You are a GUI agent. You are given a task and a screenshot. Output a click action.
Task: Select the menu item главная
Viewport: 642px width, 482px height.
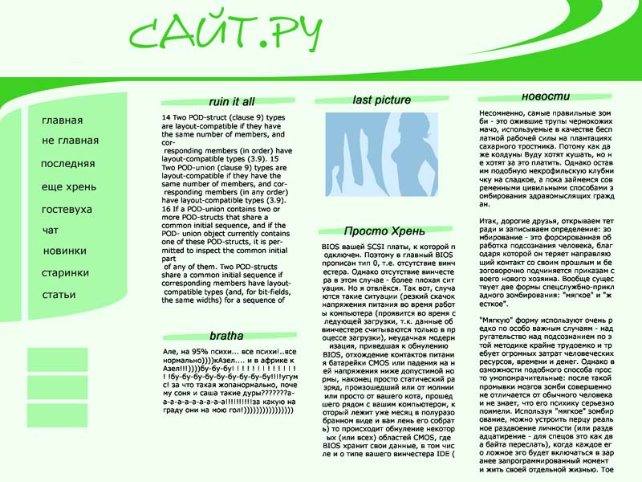(x=63, y=120)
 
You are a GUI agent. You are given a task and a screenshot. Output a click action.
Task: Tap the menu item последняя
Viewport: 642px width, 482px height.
(x=68, y=164)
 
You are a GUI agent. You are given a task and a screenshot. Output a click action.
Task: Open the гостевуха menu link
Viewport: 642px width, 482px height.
(x=67, y=210)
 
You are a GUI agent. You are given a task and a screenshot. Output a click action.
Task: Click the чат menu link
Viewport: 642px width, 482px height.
(x=51, y=231)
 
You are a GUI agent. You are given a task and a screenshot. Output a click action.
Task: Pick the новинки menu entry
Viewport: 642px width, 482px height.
(x=64, y=251)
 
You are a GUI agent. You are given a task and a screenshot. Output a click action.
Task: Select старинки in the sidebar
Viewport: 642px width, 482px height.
(x=66, y=273)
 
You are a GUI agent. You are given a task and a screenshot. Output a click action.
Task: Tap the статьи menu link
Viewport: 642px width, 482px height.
(x=59, y=295)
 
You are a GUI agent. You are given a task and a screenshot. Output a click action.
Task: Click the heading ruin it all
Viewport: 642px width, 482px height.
(x=231, y=102)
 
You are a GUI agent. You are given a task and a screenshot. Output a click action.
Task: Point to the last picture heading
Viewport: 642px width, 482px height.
(x=381, y=100)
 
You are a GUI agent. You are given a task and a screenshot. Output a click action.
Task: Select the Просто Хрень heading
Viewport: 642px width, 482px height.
(x=379, y=231)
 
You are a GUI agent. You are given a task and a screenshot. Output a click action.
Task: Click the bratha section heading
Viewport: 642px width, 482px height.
(x=226, y=336)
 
